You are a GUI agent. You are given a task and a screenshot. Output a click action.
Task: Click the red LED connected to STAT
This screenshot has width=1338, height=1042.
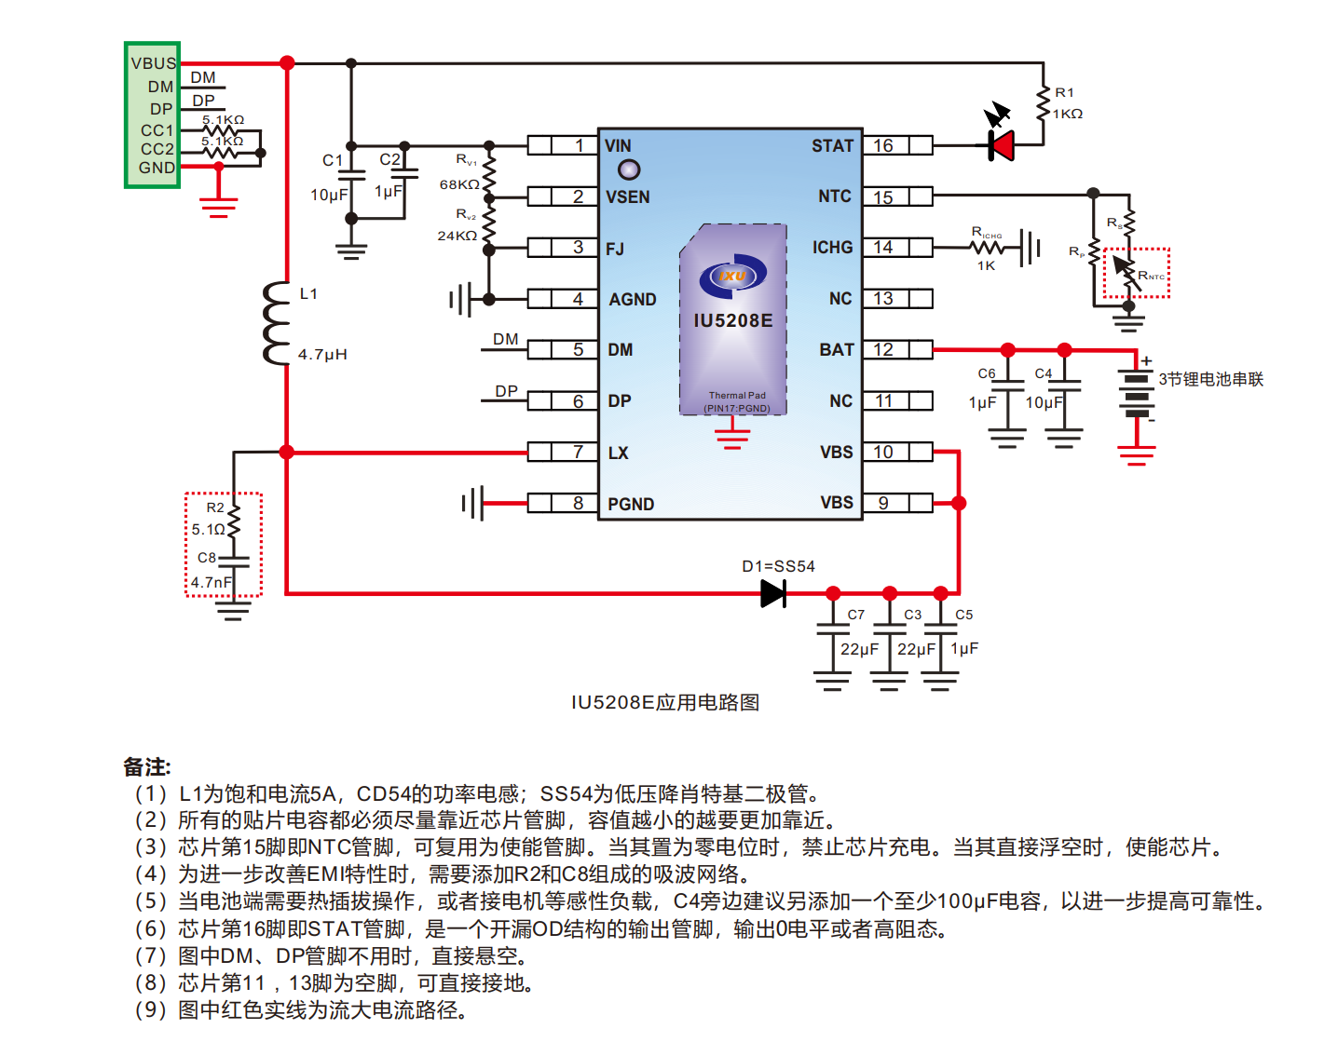pos(1002,145)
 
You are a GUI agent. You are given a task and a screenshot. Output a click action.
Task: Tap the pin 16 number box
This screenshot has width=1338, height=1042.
pos(884,145)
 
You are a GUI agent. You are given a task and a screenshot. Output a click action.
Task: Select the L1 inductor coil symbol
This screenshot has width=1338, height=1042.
pos(277,324)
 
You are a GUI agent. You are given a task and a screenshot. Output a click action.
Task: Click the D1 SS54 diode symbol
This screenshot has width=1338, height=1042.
pos(773,593)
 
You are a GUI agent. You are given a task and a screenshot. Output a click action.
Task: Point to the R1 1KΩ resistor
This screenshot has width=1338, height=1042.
pos(1044,103)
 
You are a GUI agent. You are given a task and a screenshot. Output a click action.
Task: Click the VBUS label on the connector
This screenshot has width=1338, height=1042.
pos(153,63)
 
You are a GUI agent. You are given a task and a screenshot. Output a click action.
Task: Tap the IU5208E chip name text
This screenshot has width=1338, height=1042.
pos(733,321)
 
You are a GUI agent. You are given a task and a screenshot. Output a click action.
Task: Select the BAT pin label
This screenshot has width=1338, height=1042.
pos(837,350)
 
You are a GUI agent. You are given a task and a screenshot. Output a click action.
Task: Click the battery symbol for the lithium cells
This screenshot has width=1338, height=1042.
pos(1137,396)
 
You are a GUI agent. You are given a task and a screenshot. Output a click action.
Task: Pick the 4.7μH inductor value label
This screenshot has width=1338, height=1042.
pos(322,355)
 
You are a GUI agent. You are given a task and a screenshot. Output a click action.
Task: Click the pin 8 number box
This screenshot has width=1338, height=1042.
pos(578,503)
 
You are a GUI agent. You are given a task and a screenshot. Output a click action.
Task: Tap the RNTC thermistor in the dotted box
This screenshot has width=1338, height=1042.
pos(1128,273)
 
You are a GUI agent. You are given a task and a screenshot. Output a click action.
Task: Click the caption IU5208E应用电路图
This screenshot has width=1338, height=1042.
pos(665,702)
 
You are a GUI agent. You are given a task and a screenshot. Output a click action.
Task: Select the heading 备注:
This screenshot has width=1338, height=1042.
pos(147,767)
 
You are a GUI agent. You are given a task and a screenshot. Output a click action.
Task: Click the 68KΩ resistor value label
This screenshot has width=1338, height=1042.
pos(459,184)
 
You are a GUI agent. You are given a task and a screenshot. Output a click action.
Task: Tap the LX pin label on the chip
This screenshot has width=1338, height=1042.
pos(619,453)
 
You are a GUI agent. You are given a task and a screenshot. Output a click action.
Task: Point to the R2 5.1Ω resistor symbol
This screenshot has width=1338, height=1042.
pos(234,521)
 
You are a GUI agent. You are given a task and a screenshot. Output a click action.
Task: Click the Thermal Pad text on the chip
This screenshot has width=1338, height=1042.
pos(737,396)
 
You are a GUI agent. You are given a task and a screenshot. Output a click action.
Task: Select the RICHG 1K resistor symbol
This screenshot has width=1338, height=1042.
pos(988,248)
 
